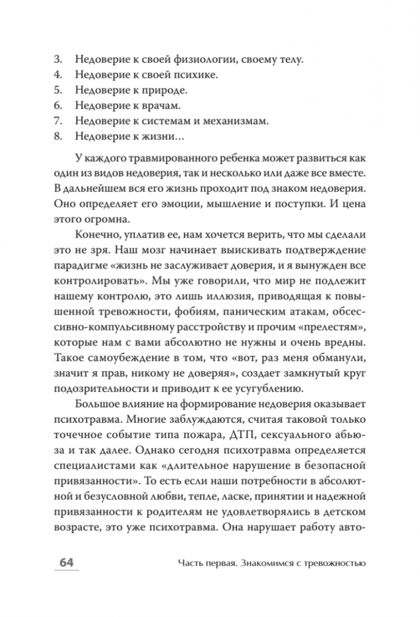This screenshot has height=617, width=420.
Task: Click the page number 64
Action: [x=67, y=563]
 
